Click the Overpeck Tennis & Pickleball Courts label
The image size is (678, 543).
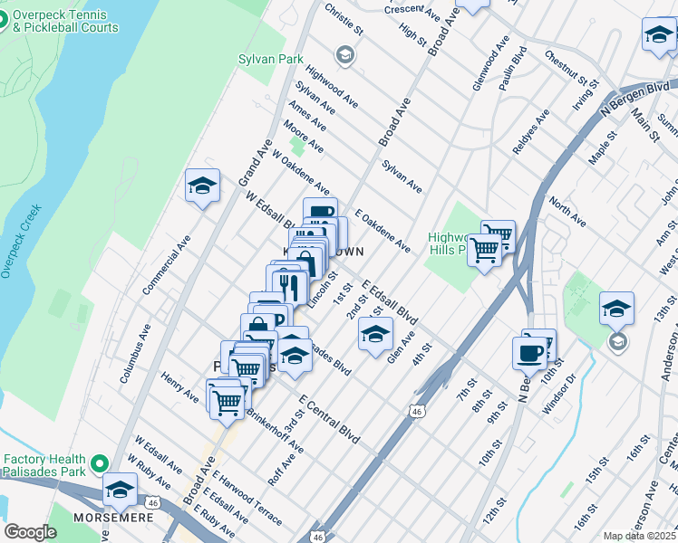click(65, 22)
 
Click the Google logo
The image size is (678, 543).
click(30, 532)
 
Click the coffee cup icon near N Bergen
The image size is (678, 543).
click(529, 353)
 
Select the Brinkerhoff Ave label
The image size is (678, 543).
click(276, 433)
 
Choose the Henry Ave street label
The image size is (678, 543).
click(179, 386)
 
